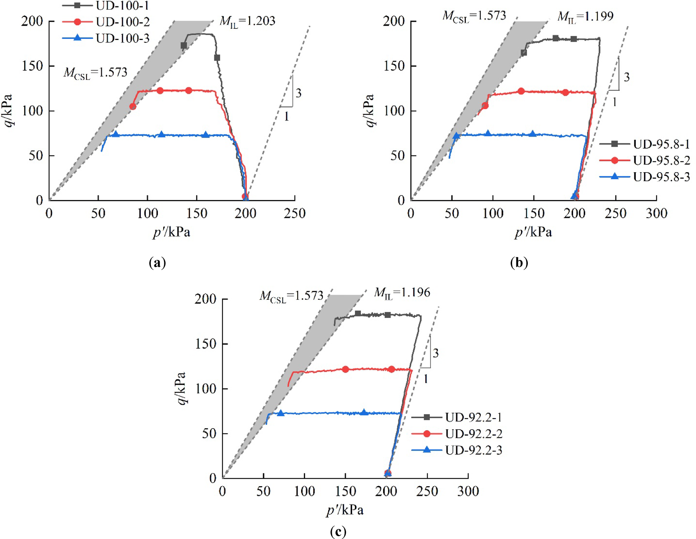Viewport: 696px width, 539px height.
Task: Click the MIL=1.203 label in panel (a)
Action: coord(247,21)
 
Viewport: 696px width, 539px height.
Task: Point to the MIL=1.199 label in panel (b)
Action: coord(586,16)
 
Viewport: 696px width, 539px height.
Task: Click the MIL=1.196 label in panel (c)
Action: coord(402,293)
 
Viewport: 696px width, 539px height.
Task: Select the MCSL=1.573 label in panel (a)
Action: coord(95,73)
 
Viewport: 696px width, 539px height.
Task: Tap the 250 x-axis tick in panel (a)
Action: coord(295,214)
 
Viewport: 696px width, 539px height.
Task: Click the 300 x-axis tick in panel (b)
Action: coord(656,214)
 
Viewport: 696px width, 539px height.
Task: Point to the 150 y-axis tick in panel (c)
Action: coord(206,344)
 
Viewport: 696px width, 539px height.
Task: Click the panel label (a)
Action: coord(157,263)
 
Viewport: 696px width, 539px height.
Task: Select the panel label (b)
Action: coord(519,263)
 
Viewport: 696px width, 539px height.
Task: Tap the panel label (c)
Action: coord(338,532)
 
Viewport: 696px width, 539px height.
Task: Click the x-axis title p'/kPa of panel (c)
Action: coord(345,510)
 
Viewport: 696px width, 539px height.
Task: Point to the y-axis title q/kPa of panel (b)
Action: coord(370,111)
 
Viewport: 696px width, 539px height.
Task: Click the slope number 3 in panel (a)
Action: coord(299,93)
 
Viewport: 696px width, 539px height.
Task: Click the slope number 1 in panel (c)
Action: coord(426,379)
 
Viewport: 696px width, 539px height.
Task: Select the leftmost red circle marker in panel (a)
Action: coord(133,106)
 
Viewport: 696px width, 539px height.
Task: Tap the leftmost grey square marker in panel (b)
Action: coord(524,53)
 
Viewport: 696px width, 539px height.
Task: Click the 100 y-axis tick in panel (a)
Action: coord(32,111)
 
